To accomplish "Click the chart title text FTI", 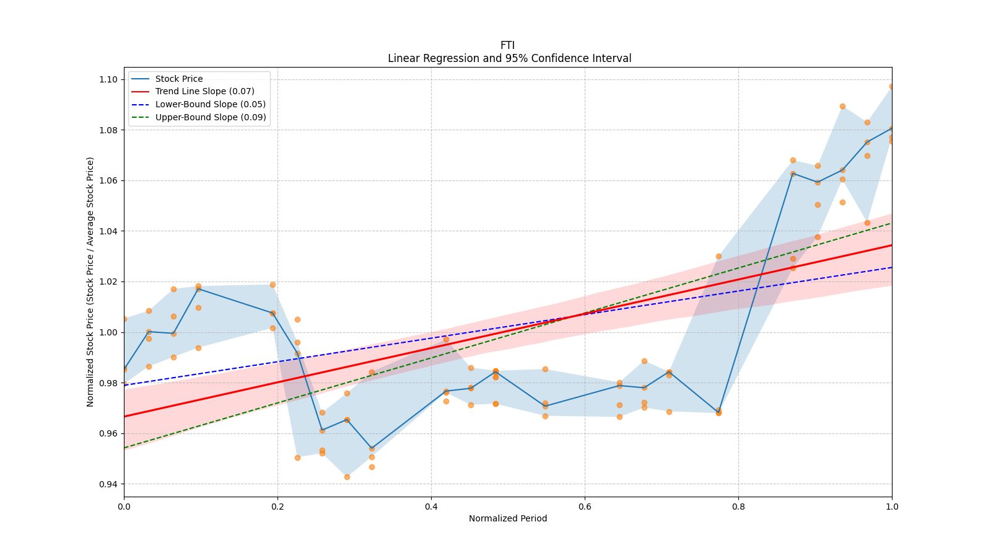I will (507, 45).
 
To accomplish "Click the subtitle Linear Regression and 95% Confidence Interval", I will (509, 58).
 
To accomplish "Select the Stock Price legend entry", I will (179, 79).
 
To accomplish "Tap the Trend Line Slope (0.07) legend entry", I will (204, 92).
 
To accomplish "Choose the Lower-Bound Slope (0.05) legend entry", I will (210, 104).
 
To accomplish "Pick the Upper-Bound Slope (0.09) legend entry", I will (211, 117).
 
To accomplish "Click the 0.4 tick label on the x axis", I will (431, 507).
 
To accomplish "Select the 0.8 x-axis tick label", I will (738, 507).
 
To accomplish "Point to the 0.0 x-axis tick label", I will (124, 507).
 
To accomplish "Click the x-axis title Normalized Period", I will (508, 518).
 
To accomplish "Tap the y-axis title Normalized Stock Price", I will (90, 281).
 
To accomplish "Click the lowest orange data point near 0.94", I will (347, 477).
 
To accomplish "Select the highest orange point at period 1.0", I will (892, 87).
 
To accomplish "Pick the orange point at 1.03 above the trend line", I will (718, 256).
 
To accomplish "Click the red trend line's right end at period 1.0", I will (891, 246).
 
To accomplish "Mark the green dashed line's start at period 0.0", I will (125, 448).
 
